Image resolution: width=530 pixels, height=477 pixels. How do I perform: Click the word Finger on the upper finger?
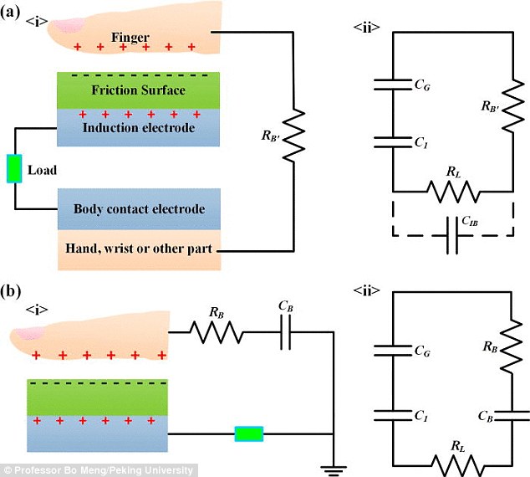(x=130, y=37)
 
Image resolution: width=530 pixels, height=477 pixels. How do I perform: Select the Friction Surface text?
(x=139, y=90)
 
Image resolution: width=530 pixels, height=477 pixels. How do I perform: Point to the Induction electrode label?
(x=139, y=127)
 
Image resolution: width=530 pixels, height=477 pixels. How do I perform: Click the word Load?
(x=42, y=170)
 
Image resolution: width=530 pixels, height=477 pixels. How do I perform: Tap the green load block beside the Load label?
(x=14, y=168)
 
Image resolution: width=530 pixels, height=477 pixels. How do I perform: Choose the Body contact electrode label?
(x=140, y=208)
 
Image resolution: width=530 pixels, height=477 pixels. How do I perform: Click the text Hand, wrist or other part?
(x=139, y=249)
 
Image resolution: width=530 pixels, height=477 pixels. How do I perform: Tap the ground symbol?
(x=334, y=470)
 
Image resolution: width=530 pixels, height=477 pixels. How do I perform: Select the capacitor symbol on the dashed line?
(x=452, y=235)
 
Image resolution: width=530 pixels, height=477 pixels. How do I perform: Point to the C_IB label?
(x=470, y=221)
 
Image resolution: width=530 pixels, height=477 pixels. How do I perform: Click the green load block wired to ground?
(x=249, y=434)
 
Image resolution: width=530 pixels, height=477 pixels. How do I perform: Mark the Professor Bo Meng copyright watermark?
(x=99, y=470)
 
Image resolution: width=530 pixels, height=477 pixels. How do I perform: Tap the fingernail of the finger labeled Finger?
(x=69, y=26)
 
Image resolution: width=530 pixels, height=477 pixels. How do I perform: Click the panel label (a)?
(x=10, y=13)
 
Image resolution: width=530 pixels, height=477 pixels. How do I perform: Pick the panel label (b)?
(x=11, y=291)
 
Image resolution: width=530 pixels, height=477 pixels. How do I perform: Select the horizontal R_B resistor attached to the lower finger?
(x=217, y=332)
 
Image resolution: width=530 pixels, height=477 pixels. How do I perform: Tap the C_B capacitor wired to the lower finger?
(x=286, y=332)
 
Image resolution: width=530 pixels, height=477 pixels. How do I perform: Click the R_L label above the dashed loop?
(x=453, y=172)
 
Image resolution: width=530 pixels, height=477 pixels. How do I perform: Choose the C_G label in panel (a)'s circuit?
(x=422, y=85)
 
